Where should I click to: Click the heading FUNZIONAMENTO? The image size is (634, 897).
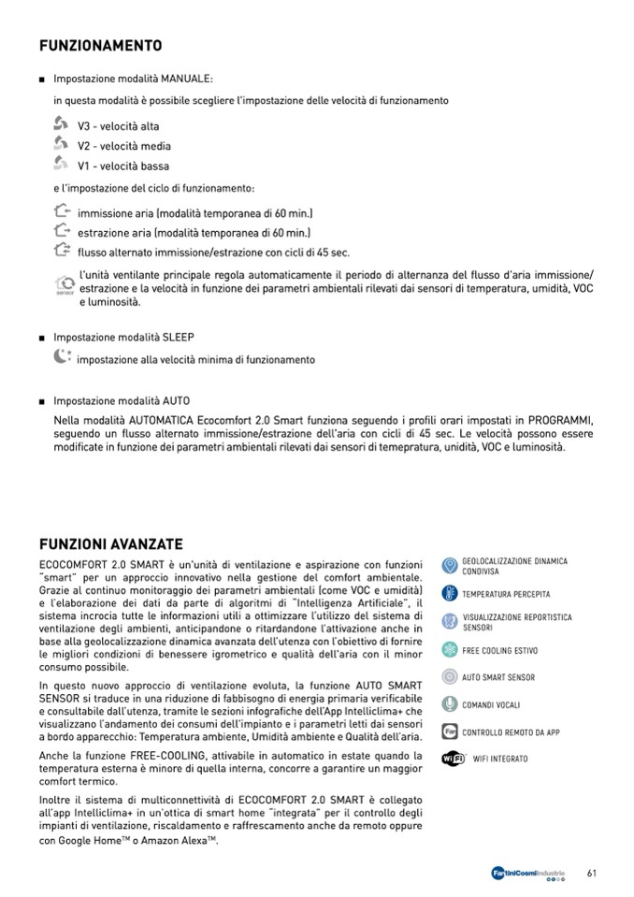101,46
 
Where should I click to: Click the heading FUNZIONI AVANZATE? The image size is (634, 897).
111,544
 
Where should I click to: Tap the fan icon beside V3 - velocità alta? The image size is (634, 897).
62,123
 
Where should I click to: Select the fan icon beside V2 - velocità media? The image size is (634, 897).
62,143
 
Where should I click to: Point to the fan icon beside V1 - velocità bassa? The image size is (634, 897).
62,164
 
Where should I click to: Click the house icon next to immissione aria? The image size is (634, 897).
63,211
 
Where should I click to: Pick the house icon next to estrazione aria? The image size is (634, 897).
63,230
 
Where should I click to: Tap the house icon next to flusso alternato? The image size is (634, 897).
63,250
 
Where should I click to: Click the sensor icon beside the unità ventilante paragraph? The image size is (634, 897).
65,284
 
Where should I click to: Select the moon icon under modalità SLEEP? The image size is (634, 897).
62,356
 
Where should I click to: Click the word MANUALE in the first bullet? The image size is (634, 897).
186,80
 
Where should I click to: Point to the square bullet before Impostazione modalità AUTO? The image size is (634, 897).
42,401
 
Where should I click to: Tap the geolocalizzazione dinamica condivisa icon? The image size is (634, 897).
449,566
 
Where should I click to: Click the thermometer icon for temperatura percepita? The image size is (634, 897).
449,594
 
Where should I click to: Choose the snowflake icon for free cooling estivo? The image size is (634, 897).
449,650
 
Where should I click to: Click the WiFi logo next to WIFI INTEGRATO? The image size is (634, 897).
453,759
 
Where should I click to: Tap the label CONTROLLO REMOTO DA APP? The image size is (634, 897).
511,732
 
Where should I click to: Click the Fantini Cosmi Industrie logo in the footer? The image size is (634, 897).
528,874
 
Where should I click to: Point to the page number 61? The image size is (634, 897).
591,873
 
